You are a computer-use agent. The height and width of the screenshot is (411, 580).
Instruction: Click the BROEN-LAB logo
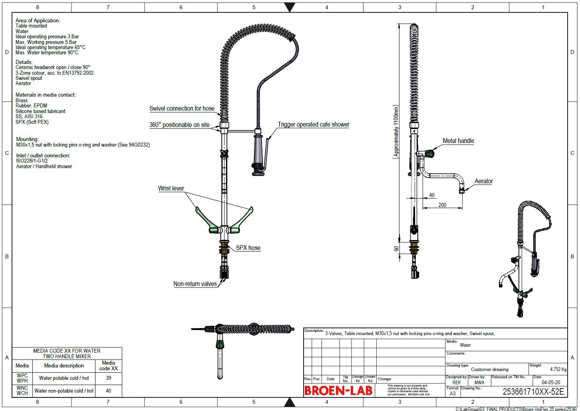click(338, 390)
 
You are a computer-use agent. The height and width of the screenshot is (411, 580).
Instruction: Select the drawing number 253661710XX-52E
click(533, 392)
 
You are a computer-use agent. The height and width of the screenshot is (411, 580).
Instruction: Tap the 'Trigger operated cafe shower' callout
click(313, 125)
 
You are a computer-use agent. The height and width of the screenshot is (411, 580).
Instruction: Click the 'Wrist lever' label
click(171, 189)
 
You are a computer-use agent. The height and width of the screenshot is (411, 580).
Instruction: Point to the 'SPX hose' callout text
click(248, 248)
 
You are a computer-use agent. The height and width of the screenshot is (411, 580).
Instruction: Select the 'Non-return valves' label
click(195, 284)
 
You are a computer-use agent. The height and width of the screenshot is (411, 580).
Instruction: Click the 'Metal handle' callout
click(458, 141)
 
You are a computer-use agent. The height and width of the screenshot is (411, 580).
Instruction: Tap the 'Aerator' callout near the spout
click(483, 181)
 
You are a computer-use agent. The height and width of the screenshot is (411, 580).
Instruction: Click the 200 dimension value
click(442, 205)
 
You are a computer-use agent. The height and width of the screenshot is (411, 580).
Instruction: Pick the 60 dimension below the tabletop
click(396, 248)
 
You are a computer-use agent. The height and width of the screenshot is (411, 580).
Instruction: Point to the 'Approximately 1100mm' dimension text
click(396, 132)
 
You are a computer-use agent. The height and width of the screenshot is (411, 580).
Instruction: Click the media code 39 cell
click(108, 378)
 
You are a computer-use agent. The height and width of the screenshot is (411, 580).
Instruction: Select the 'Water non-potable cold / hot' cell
click(64, 391)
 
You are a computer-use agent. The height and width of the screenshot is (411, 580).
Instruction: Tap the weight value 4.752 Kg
click(558, 369)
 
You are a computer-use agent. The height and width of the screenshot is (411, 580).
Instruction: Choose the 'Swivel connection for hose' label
click(182, 109)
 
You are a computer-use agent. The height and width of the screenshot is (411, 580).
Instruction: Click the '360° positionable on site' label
click(179, 125)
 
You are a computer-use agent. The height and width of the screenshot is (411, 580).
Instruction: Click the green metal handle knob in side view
click(431, 154)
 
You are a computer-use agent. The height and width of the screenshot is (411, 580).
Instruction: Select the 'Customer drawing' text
click(489, 369)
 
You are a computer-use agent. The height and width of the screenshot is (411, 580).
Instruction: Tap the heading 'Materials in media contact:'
click(45, 95)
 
